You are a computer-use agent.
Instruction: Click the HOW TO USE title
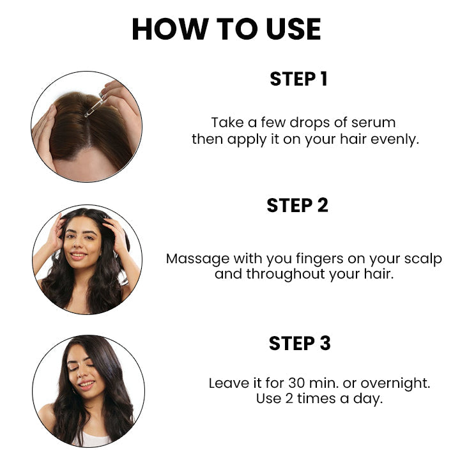(226, 29)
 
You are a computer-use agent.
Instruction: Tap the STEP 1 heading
(298, 79)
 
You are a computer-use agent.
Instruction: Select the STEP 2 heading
(297, 205)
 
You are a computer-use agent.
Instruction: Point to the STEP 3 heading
(300, 343)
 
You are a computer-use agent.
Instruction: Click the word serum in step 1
(374, 123)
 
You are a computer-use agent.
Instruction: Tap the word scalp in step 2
(421, 259)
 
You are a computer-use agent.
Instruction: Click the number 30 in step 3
(296, 383)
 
